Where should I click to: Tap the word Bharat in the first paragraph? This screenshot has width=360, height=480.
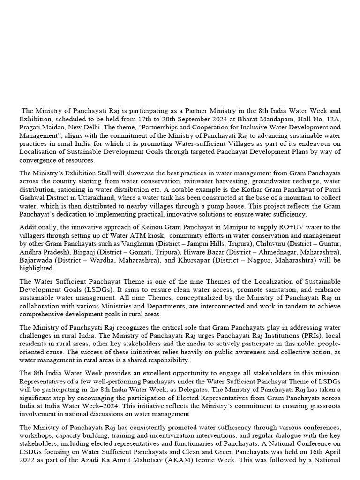pos(240,119)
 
